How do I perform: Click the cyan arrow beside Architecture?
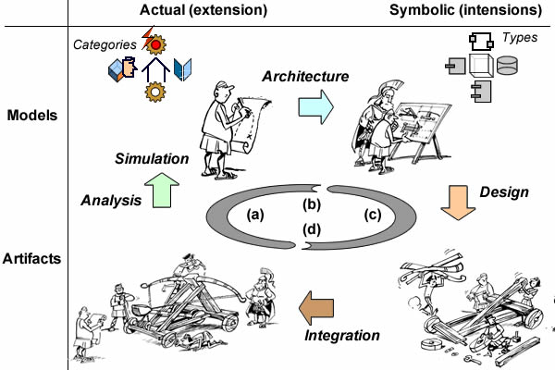315,106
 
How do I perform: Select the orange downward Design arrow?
458,203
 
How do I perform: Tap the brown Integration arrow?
316,308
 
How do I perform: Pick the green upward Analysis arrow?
162,191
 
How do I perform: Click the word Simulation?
152,158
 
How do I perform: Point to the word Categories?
105,44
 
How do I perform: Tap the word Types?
520,38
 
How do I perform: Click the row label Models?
32,116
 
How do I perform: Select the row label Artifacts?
31,258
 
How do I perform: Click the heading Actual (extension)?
203,10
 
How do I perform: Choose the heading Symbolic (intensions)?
465,10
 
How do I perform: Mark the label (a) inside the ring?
255,215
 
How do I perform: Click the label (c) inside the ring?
373,215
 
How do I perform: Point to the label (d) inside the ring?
312,229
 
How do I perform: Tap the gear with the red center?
155,44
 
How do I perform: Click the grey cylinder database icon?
507,66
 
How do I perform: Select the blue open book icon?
182,69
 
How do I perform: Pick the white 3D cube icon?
481,66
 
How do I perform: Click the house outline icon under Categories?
155,69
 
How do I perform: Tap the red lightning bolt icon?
147,37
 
